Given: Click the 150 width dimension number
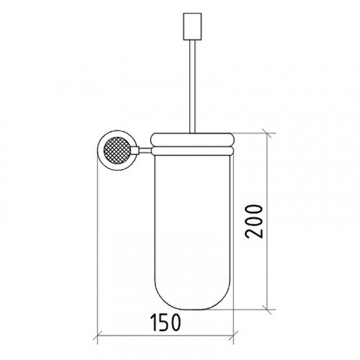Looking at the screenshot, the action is pos(166,323).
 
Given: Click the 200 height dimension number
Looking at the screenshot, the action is pos(254,221).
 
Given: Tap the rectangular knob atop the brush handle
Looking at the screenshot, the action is pos(192,27).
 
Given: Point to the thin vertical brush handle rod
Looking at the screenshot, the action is pos(192,86).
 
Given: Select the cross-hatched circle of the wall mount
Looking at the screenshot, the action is pos(117,150).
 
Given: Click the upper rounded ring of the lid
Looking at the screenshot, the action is pos(192,140).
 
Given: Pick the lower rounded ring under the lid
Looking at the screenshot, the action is pos(192,151).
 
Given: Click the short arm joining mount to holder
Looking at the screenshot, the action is pos(145,150).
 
